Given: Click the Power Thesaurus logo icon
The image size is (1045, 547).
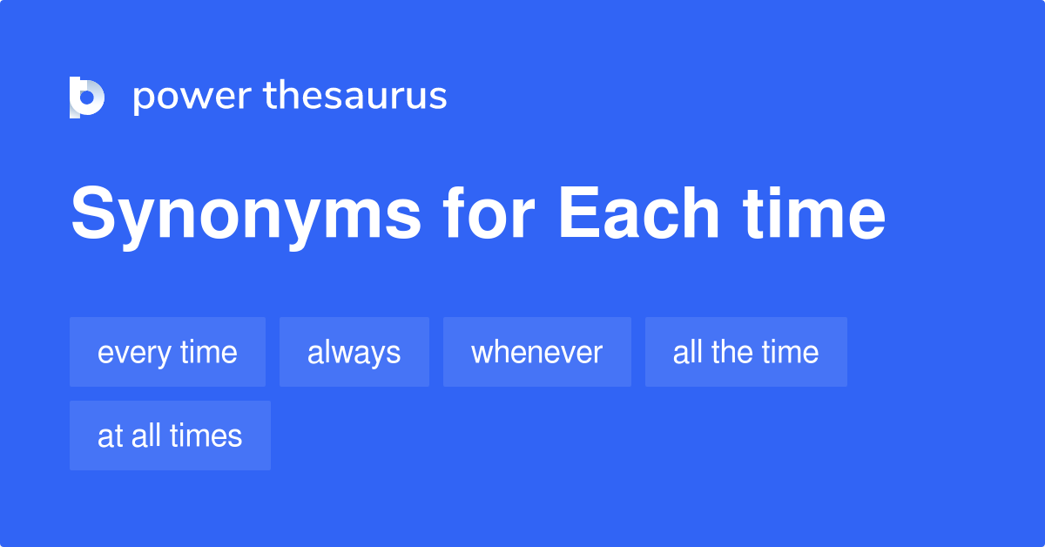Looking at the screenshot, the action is pos(87,97).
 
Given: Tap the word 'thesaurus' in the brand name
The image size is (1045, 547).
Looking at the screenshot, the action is pos(355,95).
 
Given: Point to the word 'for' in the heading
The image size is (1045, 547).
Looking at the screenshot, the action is pos(489,213).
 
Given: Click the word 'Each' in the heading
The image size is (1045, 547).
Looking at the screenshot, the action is pos(638,213).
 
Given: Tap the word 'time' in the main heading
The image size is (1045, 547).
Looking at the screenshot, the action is pos(814,213).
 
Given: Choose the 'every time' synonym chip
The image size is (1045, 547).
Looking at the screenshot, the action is pos(167,352).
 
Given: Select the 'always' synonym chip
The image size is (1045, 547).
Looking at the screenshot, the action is pos(354,352).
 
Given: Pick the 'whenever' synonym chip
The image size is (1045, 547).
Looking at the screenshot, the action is pos(537,352).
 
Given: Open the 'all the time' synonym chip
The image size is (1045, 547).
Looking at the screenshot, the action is pos(746,352).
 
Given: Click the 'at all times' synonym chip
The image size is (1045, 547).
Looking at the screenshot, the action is pos(170,436).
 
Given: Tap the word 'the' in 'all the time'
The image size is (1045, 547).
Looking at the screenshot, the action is pos(732,352).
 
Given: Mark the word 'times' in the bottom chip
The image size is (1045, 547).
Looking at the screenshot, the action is pos(206,436).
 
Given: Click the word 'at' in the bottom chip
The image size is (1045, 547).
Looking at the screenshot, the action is pos(110,436).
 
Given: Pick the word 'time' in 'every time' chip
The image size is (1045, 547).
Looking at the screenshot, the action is pos(208,352).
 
